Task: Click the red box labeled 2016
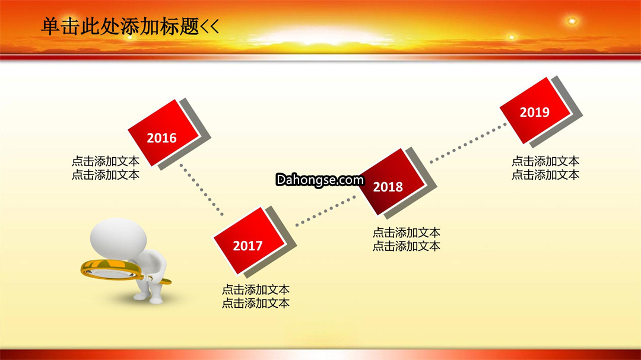163,133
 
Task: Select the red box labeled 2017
249,241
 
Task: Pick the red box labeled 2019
535,111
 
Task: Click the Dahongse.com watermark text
320,180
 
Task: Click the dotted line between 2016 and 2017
202,190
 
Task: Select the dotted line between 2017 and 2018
325,211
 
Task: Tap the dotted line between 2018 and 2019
468,142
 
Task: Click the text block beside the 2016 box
106,168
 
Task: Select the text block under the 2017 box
255,297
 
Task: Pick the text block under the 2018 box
407,240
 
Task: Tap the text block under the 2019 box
545,168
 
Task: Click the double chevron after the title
210,27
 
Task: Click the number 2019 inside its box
534,112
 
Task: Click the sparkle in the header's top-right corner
572,21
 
